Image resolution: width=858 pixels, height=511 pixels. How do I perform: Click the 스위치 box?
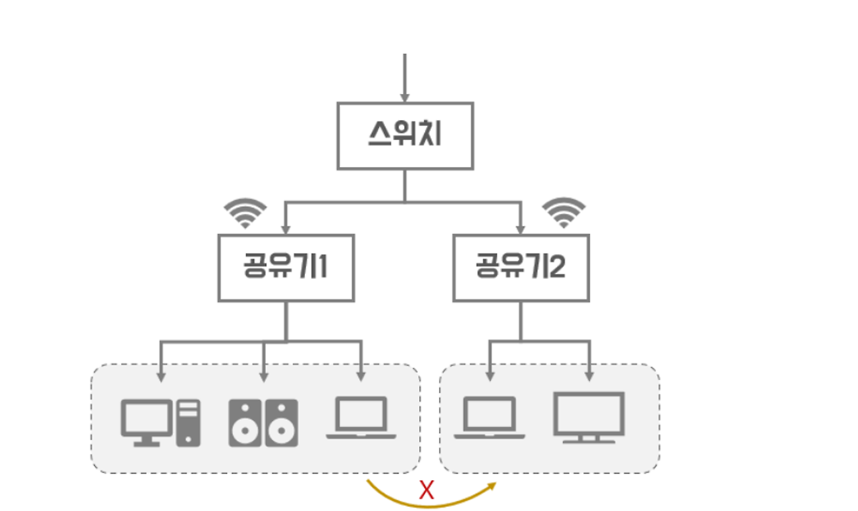coord(405,135)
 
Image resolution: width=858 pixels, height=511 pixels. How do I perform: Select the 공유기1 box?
coord(286,268)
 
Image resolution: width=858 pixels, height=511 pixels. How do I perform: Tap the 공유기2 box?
coord(521,268)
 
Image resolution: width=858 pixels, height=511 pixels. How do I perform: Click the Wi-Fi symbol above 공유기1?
coord(245,213)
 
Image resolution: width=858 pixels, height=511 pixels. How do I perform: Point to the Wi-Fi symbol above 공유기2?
coord(563,213)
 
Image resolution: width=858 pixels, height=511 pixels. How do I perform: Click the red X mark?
coord(426,491)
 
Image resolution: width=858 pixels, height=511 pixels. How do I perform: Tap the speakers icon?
coord(263,423)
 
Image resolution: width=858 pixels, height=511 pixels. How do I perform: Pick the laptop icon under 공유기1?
coord(361,418)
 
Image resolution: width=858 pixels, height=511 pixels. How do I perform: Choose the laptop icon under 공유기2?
coord(489,418)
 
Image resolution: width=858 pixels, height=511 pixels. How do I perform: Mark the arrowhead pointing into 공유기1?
coord(286,229)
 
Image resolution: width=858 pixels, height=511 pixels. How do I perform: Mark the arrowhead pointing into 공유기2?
coord(521,229)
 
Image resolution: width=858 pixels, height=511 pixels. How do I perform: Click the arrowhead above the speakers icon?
coord(263,376)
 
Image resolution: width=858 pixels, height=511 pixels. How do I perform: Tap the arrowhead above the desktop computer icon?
coord(160,376)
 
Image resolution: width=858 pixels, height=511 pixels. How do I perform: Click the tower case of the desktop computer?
coord(188,422)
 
